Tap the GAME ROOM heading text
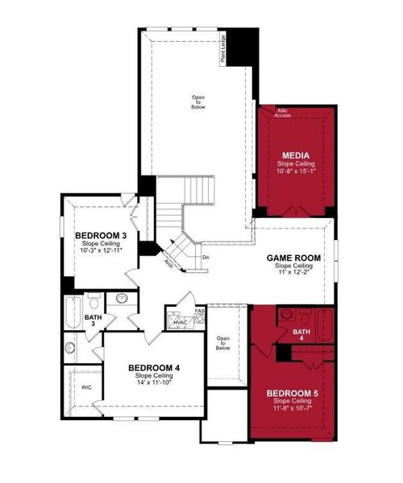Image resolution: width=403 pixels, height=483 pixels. click(x=293, y=258)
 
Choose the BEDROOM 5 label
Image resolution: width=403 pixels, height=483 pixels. click(x=293, y=393)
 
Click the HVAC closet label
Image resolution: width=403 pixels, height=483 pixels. click(x=180, y=322)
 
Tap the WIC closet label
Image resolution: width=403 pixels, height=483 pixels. click(x=86, y=387)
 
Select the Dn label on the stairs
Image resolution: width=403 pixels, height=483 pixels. click(x=206, y=258)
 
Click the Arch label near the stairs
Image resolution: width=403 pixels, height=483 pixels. click(x=169, y=263)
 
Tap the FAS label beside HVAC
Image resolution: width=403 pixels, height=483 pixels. click(x=199, y=309)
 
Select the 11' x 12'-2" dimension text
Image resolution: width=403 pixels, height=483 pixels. click(x=293, y=274)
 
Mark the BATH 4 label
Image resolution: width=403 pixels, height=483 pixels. click(x=301, y=335)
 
